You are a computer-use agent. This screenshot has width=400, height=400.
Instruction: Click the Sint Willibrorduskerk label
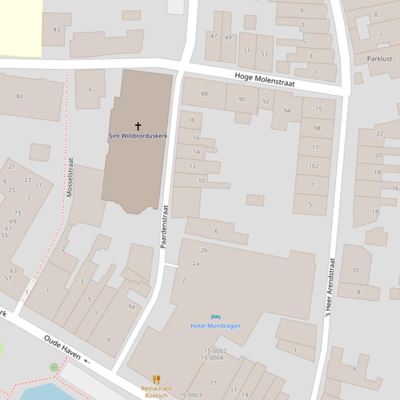point(138,136)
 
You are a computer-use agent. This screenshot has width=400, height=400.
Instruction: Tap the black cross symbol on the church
point(138,126)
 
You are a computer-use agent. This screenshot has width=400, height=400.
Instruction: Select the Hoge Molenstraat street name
point(265,79)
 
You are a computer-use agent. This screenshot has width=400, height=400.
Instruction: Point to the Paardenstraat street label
point(164,226)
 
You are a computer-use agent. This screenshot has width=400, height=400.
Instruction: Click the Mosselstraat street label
point(70,177)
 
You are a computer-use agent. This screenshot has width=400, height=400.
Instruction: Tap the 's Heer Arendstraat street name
point(329,288)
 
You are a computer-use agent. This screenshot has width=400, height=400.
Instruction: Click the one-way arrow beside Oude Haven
point(87,362)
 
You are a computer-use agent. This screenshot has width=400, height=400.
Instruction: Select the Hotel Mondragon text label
point(215,326)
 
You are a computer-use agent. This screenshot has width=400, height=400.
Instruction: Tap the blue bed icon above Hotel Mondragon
point(215,316)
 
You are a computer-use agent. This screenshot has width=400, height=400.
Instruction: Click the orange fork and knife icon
point(156,379)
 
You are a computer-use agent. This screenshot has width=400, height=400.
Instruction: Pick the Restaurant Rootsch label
point(156,392)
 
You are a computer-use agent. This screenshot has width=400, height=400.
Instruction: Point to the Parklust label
point(379,59)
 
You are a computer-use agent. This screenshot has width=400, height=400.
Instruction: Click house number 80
point(20,96)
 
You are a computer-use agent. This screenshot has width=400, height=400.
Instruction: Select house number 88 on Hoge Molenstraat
point(204,94)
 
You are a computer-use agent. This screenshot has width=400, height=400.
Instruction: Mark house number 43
point(56,29)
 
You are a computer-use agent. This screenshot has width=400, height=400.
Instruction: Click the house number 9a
point(132,306)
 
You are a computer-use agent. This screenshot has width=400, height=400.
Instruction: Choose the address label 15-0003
point(190,395)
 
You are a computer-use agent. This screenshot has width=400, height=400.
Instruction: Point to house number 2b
point(204,250)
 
